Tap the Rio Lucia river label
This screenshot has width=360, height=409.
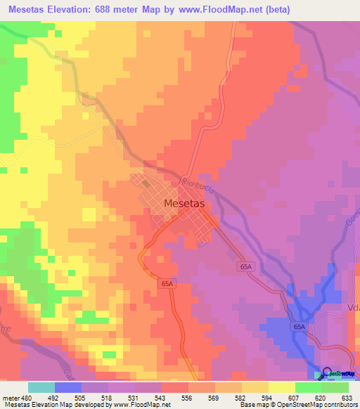[x=195, y=183]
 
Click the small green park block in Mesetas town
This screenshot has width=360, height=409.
[x=146, y=183]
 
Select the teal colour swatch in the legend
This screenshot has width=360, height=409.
[x=41, y=387]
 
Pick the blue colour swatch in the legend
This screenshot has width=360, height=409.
[x=67, y=387]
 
